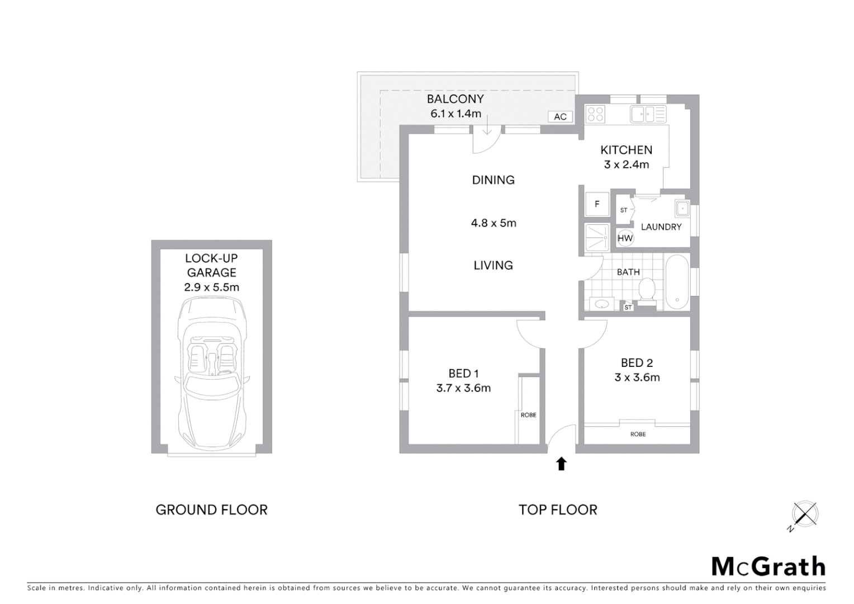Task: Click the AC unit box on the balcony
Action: click(560, 116)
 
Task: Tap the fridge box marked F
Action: click(597, 204)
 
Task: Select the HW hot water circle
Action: click(625, 238)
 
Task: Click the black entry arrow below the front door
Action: click(562, 464)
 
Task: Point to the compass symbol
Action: click(805, 514)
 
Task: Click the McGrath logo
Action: click(768, 567)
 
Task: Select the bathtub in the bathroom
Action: click(677, 282)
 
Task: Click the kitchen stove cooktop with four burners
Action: click(595, 114)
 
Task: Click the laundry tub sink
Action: click(682, 208)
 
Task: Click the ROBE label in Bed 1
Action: click(528, 415)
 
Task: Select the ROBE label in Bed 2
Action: click(638, 434)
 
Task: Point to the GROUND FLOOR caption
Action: click(211, 509)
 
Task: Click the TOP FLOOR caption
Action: click(558, 509)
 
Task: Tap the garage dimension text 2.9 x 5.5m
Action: click(211, 287)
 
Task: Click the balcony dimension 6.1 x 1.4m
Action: click(456, 114)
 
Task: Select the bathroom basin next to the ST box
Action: click(601, 304)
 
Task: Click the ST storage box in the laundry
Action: click(624, 210)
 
